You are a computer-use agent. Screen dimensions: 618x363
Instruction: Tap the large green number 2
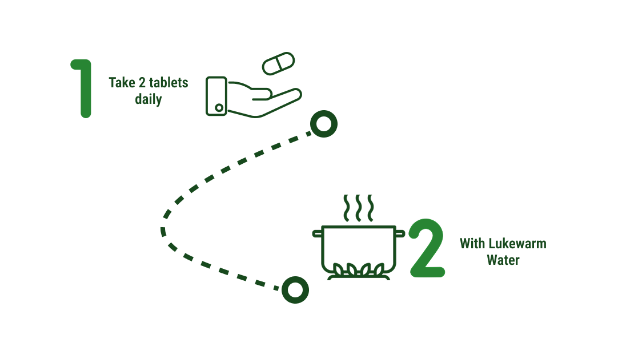pyautogui.click(x=427, y=248)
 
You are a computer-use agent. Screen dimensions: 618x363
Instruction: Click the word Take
pyautogui.click(x=122, y=83)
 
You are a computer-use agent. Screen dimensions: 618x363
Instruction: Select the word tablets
pyautogui.click(x=168, y=83)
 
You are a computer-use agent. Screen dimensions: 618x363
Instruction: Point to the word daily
pyautogui.click(x=149, y=99)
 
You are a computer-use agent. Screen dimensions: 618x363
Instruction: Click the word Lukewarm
pyautogui.click(x=517, y=243)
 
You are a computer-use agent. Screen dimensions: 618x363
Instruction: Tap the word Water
pyautogui.click(x=503, y=260)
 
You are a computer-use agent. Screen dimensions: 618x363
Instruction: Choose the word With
pyautogui.click(x=472, y=243)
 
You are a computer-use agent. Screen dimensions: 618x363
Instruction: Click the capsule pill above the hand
pyautogui.click(x=279, y=63)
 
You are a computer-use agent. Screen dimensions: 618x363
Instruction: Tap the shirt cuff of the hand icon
pyautogui.click(x=216, y=96)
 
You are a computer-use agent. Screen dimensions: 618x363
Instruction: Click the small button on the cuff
pyautogui.click(x=219, y=107)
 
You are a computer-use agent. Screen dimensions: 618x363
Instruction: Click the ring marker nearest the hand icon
pyautogui.click(x=324, y=124)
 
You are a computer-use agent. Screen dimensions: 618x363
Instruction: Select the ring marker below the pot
pyautogui.click(x=295, y=290)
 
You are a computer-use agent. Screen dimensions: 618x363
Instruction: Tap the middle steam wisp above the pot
pyautogui.click(x=358, y=208)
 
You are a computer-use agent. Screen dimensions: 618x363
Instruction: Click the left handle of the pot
pyautogui.click(x=317, y=233)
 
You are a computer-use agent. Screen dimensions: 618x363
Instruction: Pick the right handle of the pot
pyautogui.click(x=400, y=233)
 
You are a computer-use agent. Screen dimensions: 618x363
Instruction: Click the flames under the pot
pyautogui.click(x=358, y=269)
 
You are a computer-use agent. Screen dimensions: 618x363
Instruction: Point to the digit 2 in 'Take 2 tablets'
pyautogui.click(x=142, y=83)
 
